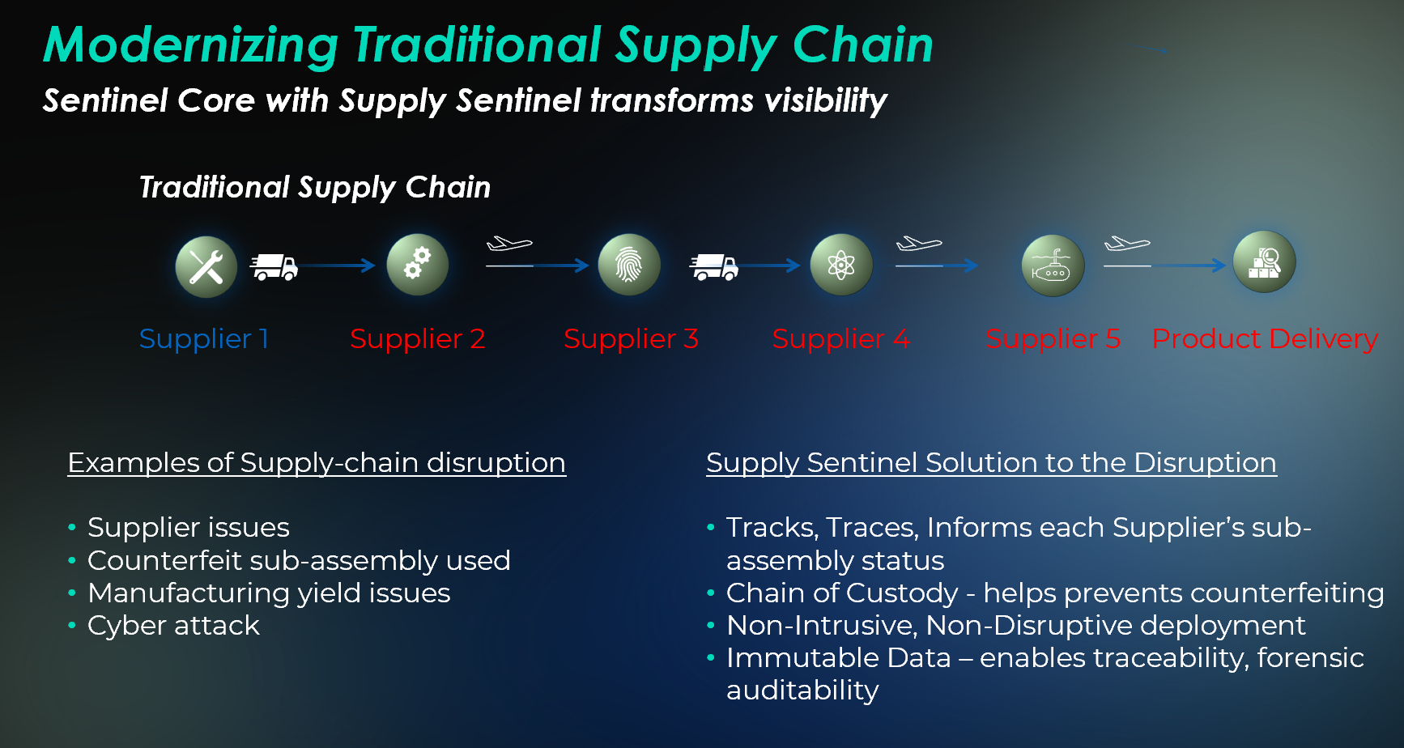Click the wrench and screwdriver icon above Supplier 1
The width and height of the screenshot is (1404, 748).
click(206, 266)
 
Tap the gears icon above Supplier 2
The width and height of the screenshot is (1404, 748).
click(417, 265)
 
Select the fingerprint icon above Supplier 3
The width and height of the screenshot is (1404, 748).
click(628, 265)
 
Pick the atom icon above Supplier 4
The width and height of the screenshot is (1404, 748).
click(840, 265)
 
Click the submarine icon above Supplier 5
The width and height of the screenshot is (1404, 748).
click(1052, 266)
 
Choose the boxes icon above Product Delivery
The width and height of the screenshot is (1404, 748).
click(1263, 262)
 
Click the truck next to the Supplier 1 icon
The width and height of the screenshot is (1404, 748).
click(274, 266)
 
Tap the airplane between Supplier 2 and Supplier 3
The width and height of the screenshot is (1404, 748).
click(508, 244)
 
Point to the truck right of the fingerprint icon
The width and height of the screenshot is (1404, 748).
click(713, 266)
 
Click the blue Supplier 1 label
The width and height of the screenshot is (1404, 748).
click(203, 338)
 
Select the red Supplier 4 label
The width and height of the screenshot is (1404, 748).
click(840, 338)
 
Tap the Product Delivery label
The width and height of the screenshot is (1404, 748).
click(1264, 338)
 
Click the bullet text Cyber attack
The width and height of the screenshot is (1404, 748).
click(173, 626)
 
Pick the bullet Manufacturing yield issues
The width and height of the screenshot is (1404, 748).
click(268, 593)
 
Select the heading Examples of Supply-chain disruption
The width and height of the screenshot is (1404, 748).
click(317, 463)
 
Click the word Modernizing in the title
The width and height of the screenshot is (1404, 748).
click(191, 45)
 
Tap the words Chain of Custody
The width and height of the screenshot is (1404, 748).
click(842, 593)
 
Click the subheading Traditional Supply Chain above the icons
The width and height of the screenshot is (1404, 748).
click(315, 188)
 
